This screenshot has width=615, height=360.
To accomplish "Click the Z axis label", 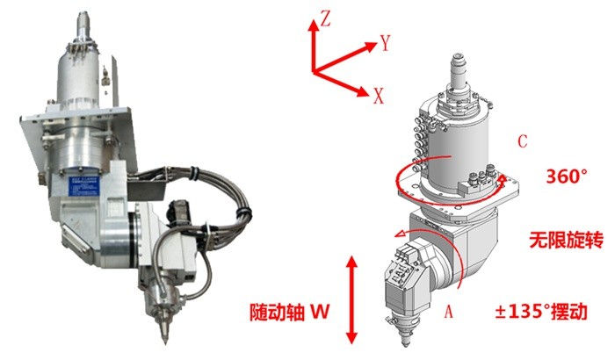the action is click(x=326, y=18).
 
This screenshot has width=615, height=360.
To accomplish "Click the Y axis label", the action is click(x=386, y=42).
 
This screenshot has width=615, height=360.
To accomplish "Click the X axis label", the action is click(x=378, y=96).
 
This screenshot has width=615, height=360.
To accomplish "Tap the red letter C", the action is click(x=523, y=141).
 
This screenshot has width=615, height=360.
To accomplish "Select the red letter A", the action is click(x=449, y=312).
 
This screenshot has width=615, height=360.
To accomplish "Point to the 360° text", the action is click(x=567, y=176).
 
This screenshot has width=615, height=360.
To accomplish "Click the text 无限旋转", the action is click(x=566, y=240).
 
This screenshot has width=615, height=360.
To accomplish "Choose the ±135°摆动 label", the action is click(x=541, y=312).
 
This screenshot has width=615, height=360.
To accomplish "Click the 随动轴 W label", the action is click(x=289, y=313).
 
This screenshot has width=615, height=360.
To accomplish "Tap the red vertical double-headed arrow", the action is click(x=351, y=299).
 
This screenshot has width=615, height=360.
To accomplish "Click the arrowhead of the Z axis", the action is click(x=313, y=25).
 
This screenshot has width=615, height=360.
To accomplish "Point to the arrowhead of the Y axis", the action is click(x=370, y=47).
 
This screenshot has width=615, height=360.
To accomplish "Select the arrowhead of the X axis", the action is click(x=363, y=92).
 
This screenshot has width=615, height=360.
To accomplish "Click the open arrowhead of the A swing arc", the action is click(x=399, y=234).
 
